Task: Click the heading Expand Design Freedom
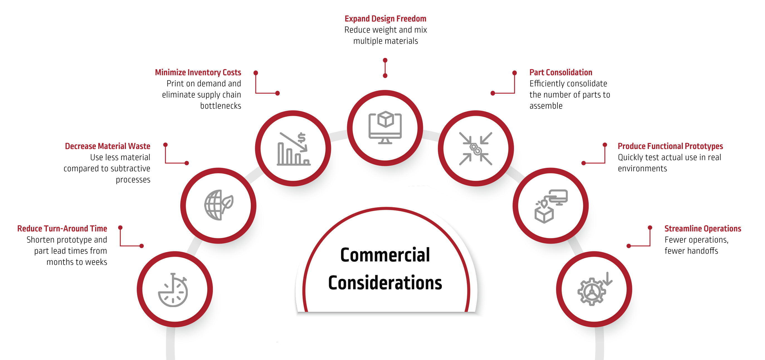click(x=385, y=19)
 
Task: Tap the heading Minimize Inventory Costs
click(x=198, y=72)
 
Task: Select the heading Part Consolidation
click(x=561, y=72)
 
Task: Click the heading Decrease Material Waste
click(x=108, y=146)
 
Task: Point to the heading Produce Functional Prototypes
click(x=670, y=146)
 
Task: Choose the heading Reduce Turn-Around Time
click(x=62, y=229)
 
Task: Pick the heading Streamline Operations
click(x=702, y=229)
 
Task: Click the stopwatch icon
click(x=173, y=290)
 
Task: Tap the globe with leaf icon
click(x=219, y=205)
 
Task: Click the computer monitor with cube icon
click(x=385, y=128)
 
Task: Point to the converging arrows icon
click(x=476, y=148)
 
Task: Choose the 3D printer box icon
click(x=551, y=206)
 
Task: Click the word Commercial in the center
click(x=385, y=255)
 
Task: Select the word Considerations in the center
click(x=385, y=283)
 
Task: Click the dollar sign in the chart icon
click(x=301, y=138)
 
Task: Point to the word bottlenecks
click(x=220, y=106)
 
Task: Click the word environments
click(x=642, y=168)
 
